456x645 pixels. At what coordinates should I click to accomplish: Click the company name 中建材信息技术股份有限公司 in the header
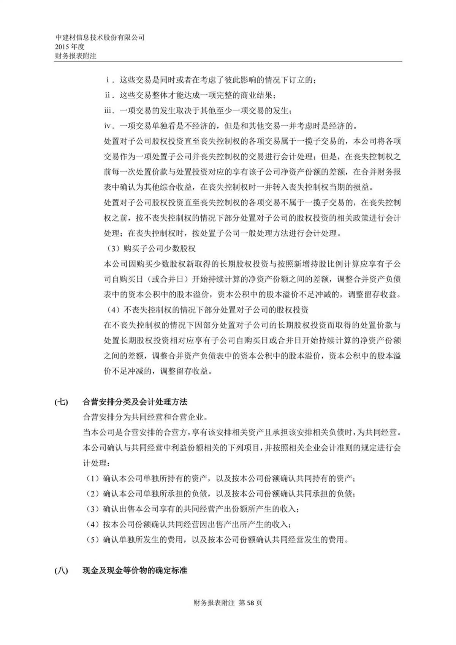100,38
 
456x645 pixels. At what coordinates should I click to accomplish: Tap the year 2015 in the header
62,46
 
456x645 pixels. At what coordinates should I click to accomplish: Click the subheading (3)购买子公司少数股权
150,249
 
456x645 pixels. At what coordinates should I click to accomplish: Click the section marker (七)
62,402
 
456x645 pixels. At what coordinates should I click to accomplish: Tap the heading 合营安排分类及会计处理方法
135,402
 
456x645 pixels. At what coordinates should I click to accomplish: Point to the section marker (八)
62,571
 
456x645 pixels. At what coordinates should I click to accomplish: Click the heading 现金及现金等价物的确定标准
135,571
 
